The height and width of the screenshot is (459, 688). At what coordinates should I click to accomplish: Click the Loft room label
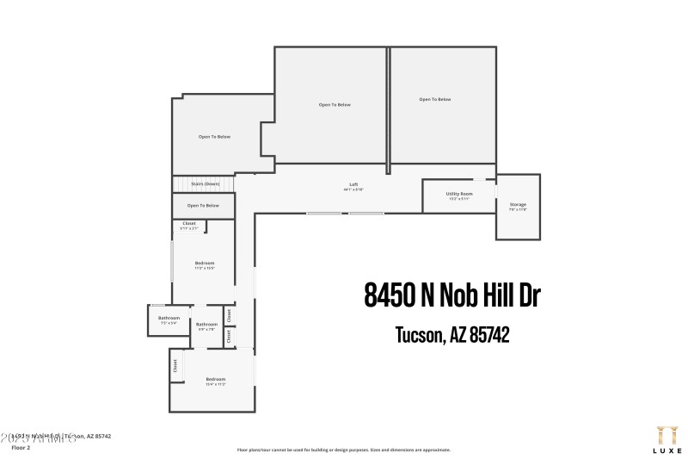[353, 184]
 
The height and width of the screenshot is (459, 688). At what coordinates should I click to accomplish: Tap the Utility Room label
[458, 194]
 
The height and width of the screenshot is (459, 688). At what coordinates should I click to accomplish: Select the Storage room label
[518, 205]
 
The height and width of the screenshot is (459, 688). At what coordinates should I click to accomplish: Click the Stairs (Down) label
[204, 184]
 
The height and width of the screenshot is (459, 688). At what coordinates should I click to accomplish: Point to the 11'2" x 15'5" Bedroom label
[204, 263]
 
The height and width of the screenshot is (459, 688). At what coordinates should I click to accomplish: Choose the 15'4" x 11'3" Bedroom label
[215, 380]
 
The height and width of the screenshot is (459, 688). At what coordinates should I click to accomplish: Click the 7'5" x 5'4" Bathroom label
[168, 319]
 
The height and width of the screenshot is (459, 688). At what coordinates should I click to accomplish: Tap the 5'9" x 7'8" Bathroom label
[206, 325]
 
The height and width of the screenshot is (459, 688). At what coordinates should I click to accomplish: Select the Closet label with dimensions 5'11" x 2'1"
[189, 224]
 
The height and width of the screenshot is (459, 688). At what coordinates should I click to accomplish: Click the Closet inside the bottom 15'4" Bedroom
[175, 365]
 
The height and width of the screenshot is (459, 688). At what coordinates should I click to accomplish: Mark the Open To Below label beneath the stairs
[204, 206]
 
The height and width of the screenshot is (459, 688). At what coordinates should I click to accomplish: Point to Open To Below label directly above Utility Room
[435, 100]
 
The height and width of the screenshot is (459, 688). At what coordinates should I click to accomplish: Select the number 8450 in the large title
[389, 295]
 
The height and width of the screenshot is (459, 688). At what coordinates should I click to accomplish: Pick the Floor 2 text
[20, 448]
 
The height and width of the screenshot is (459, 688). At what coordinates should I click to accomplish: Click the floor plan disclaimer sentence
[343, 450]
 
